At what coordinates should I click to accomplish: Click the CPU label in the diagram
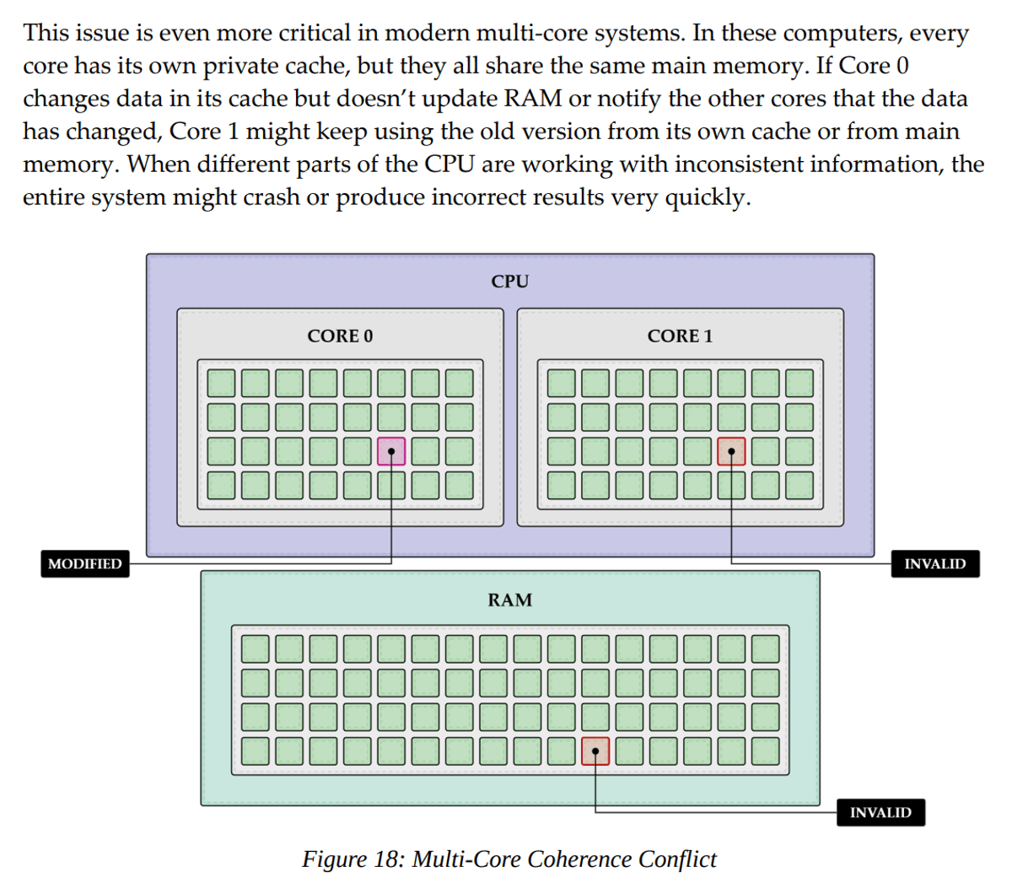click(x=509, y=282)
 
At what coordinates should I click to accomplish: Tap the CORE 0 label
click(x=340, y=336)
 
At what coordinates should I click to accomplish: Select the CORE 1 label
click(x=680, y=336)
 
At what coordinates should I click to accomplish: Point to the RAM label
click(x=509, y=600)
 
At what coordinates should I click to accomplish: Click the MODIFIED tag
click(x=85, y=564)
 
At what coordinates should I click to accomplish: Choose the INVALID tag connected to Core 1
click(x=934, y=564)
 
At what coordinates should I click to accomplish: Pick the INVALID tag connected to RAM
click(x=880, y=813)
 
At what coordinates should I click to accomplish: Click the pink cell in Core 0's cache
click(x=391, y=451)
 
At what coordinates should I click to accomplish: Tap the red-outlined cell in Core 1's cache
click(x=731, y=451)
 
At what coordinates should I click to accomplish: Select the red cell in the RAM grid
click(x=595, y=751)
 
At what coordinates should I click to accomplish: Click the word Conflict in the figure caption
click(x=677, y=859)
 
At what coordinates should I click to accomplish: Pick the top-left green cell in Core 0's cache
click(x=222, y=384)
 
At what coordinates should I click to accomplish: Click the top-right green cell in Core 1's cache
click(x=799, y=384)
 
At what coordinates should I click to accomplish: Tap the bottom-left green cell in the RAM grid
click(x=256, y=751)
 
